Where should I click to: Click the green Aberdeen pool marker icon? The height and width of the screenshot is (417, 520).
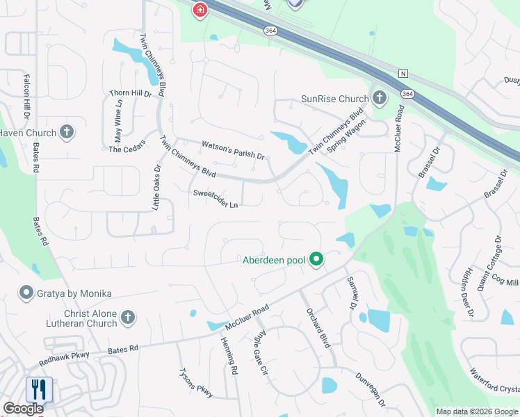pyautogui.click(x=316, y=260)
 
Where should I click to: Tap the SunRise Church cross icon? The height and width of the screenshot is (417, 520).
pyautogui.click(x=379, y=98)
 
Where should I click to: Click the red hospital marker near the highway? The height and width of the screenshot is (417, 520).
pyautogui.click(x=200, y=10)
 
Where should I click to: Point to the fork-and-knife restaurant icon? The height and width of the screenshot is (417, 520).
pyautogui.click(x=38, y=389)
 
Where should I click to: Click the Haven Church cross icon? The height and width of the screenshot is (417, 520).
pyautogui.click(x=67, y=133)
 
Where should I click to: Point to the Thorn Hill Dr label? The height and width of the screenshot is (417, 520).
pyautogui.click(x=130, y=93)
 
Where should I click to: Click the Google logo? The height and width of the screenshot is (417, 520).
pyautogui.click(x=23, y=409)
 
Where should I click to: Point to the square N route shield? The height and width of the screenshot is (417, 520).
pyautogui.click(x=403, y=74)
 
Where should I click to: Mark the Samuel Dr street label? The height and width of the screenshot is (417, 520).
pyautogui.click(x=350, y=293)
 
